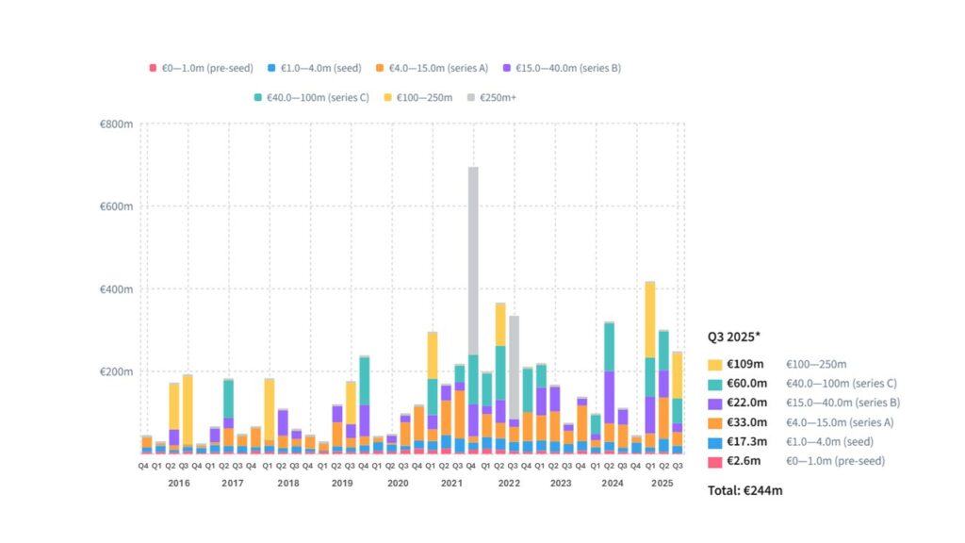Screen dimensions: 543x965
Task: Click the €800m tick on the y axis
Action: [x=117, y=124]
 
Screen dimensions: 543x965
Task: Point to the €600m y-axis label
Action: [x=117, y=206]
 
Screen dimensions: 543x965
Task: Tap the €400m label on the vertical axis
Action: [x=117, y=289]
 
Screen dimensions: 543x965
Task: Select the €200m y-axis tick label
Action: [x=117, y=371]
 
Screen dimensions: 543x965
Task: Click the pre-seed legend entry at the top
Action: [x=201, y=68]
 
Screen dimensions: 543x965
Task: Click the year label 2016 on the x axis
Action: [x=178, y=483]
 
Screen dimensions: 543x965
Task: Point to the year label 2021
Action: [x=452, y=483]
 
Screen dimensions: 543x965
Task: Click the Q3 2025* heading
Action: [x=736, y=337]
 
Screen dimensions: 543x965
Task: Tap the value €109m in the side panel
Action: [x=750, y=364]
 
